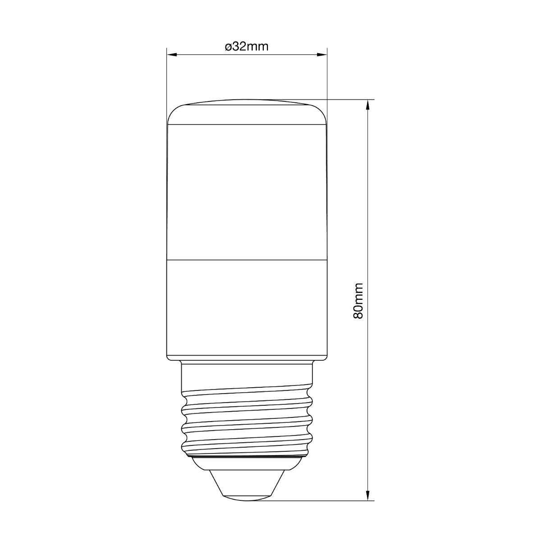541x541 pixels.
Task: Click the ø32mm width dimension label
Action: click(247, 47)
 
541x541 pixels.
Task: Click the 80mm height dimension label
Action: click(358, 301)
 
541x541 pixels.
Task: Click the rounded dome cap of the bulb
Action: click(247, 113)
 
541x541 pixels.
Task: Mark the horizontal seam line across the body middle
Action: click(247, 260)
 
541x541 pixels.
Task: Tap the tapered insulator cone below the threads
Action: click(247, 482)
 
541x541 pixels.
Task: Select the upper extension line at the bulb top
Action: click(347, 99)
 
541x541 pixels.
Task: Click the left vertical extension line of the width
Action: click(167, 77)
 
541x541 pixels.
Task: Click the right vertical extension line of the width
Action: click(327, 77)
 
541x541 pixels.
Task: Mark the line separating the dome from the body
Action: click(247, 125)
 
